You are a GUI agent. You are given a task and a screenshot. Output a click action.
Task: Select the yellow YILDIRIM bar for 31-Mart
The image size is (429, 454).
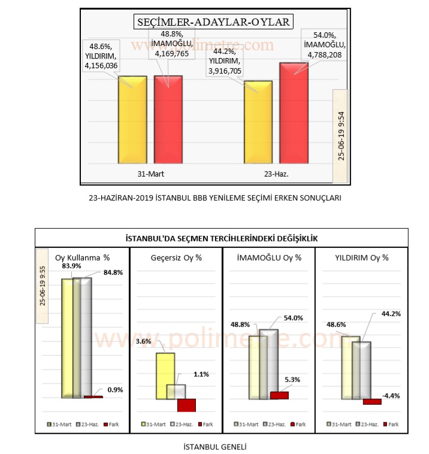point(132,120)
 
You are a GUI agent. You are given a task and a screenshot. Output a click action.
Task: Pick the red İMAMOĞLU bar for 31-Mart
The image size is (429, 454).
point(168,120)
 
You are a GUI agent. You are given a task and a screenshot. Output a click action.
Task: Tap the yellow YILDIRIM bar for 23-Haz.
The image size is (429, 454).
point(258,122)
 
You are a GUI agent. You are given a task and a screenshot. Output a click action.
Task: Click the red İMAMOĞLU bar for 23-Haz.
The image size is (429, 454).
point(294,114)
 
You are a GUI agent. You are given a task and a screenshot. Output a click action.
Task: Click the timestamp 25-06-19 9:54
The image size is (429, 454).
point(340,135)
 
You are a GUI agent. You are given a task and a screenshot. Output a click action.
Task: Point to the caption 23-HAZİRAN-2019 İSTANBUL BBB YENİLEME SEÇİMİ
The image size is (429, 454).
point(214,197)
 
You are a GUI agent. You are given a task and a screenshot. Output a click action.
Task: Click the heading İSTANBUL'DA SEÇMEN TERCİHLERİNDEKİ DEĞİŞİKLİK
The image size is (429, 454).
point(221,238)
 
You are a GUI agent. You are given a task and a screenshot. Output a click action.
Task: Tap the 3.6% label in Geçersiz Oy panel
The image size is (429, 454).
point(144,341)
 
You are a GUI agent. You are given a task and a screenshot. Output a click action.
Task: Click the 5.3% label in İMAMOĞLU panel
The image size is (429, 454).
point(292,379)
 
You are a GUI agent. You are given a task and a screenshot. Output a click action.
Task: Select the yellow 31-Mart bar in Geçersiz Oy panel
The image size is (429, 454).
point(165,376)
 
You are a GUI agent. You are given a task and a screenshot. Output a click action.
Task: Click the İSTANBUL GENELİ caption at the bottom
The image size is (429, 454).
point(215,446)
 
